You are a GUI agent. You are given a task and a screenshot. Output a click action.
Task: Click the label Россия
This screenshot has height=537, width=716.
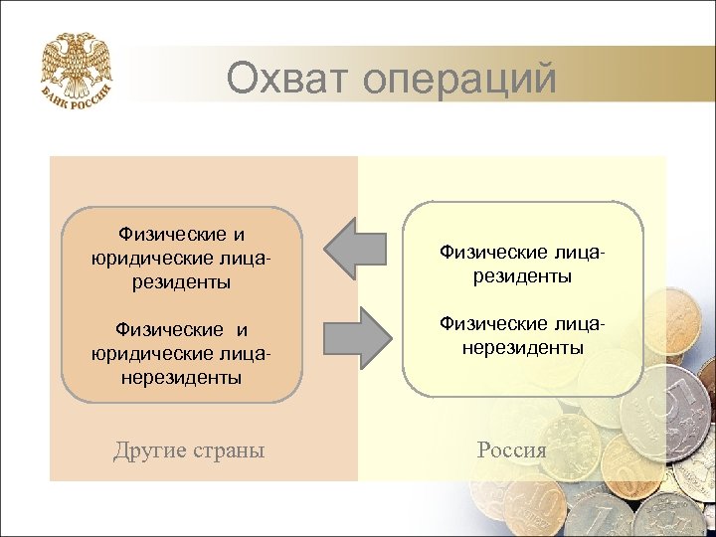(x=511, y=449)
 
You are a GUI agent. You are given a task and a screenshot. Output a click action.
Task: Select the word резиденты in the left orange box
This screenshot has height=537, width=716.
(x=181, y=282)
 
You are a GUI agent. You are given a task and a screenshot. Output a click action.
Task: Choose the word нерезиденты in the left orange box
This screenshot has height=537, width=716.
(x=181, y=378)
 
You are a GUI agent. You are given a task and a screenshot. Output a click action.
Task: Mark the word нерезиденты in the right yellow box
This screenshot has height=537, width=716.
(x=521, y=348)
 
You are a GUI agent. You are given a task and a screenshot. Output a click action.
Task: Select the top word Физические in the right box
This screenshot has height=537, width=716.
(x=487, y=254)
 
